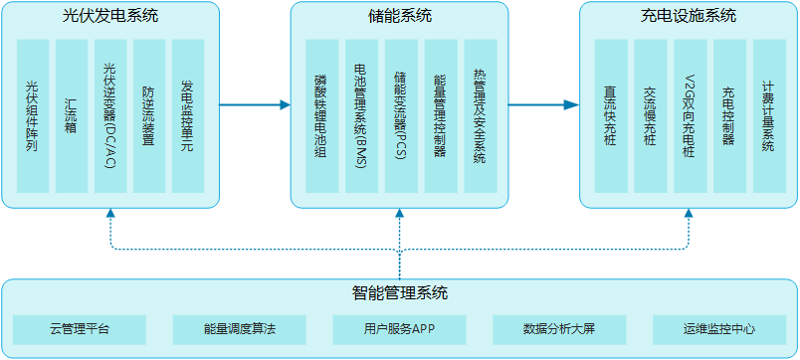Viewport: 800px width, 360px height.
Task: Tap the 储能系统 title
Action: tap(399, 17)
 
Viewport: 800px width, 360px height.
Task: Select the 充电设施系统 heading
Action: tap(689, 17)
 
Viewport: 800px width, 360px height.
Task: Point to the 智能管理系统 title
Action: tap(399, 293)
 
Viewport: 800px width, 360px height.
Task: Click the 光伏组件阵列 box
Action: tap(33, 116)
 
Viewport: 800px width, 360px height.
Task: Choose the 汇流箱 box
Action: tap(72, 116)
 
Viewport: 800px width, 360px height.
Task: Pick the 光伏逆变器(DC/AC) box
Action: tap(110, 116)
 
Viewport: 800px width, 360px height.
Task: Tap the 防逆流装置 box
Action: tap(149, 116)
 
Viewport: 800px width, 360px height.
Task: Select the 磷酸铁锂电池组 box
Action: tap(320, 116)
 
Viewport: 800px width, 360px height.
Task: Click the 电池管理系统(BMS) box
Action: tap(360, 116)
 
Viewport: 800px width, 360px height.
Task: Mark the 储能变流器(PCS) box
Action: tap(400, 116)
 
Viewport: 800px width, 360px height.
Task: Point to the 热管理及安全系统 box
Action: tap(480, 116)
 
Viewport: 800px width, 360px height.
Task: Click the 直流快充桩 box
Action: tap(610, 116)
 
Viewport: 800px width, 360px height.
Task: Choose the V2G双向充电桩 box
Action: tap(690, 116)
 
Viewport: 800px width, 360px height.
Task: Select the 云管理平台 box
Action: tap(80, 329)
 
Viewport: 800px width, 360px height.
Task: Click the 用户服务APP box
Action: tap(399, 329)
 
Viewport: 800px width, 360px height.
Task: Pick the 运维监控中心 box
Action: tap(719, 329)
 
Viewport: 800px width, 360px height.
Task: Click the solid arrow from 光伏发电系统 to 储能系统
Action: tap(255, 104)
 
